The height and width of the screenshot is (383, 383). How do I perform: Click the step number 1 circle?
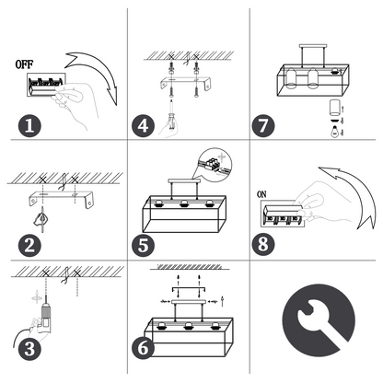pos(29,126)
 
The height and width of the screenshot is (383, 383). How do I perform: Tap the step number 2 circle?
pos(29,245)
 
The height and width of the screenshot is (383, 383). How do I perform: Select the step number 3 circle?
pos(29,349)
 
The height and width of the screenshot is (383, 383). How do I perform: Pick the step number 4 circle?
pos(143,126)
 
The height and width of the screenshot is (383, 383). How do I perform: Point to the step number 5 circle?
pos(143,245)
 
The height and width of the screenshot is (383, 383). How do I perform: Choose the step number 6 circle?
pos(143,348)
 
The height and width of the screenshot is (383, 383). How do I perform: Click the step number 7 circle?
pos(263,126)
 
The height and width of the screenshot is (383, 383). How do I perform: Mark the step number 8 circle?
pos(263,245)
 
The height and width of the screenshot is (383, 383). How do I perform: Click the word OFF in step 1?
pos(24,64)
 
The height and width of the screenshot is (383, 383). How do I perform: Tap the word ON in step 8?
pos(261,194)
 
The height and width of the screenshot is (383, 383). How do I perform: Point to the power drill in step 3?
pos(45,316)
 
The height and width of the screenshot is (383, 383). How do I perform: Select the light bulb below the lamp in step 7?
pos(334,131)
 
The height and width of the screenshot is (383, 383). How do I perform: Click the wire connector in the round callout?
pos(214,163)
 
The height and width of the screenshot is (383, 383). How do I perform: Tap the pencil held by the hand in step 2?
pos(42,219)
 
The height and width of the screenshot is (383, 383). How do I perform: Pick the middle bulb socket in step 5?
pos(184,203)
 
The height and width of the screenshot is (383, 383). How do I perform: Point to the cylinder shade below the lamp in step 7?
pos(334,107)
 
